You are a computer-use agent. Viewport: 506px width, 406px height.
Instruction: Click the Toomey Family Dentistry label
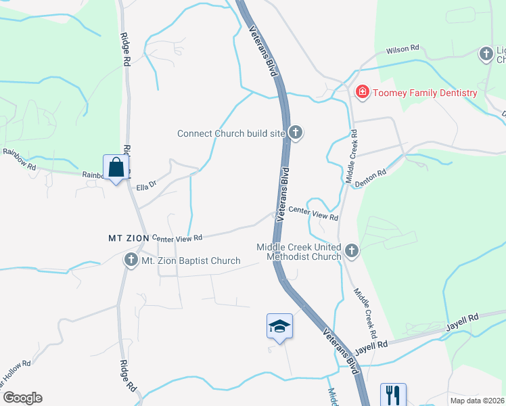tap(425, 93)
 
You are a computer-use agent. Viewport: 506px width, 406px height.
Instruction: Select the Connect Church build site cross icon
tap(295, 133)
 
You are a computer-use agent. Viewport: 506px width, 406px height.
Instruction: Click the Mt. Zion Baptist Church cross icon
tap(131, 260)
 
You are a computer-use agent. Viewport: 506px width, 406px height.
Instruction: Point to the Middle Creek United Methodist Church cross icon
tap(350, 252)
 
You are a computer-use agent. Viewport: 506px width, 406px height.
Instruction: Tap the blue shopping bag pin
tap(116, 168)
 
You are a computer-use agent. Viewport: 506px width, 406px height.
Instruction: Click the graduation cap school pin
tap(279, 327)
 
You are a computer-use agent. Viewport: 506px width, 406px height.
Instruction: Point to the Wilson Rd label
tap(402, 49)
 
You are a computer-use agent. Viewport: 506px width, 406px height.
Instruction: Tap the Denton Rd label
tap(370, 173)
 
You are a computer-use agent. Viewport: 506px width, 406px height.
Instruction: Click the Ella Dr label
tap(146, 185)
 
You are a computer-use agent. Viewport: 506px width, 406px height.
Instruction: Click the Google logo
tap(22, 398)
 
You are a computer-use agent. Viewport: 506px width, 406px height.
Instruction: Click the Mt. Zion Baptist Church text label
tap(190, 261)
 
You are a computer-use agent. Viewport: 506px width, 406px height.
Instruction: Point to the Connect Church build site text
tap(231, 133)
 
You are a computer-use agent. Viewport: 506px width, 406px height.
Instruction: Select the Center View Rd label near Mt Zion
tap(177, 238)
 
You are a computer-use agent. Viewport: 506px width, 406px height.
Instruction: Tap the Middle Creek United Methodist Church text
tap(298, 252)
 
